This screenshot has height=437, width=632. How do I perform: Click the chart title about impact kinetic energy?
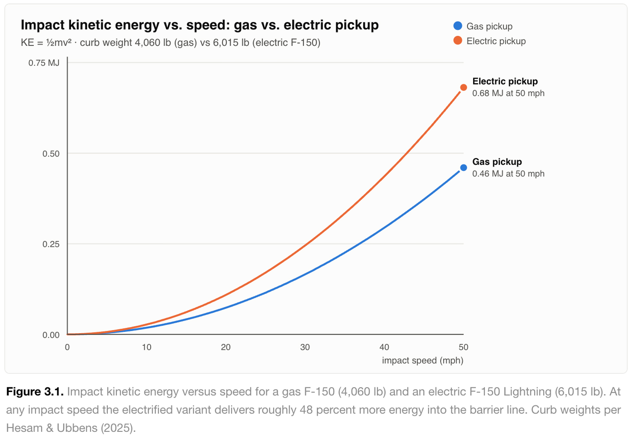point(200,25)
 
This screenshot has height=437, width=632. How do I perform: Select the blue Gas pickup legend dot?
point(458,26)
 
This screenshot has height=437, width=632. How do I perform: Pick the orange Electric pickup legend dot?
point(458,41)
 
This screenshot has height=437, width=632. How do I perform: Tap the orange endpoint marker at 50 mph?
point(463,87)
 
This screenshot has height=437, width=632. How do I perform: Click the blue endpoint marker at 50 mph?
point(463,168)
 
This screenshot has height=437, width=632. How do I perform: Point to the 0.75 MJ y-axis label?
point(44,63)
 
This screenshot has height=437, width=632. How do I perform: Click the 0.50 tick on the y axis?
point(51,154)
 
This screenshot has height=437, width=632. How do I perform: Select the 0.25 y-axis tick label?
point(51,244)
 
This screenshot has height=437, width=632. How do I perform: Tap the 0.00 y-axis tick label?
point(51,335)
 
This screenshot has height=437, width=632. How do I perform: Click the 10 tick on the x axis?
point(146,347)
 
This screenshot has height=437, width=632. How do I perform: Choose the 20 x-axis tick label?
point(226,347)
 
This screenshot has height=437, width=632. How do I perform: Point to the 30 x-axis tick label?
point(305,347)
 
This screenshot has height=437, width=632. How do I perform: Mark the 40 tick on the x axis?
point(384,347)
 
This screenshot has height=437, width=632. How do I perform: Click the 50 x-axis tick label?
point(463,347)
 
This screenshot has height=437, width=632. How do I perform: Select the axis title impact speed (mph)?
point(422,360)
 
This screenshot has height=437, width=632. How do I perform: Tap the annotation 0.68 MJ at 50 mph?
point(508,93)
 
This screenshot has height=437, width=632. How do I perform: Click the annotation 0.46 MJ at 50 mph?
point(508,174)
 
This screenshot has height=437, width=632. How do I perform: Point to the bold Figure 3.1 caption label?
point(35,392)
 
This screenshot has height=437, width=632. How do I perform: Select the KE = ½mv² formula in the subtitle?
point(46,42)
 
